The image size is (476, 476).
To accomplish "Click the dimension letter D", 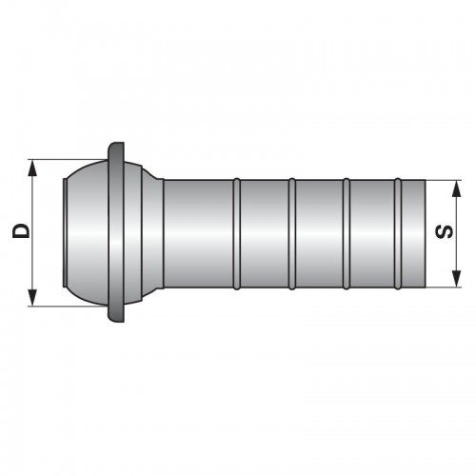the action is tap(21, 230).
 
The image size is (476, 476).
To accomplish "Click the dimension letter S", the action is tap(445, 231).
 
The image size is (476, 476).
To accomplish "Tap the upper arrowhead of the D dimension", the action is tap(32, 169).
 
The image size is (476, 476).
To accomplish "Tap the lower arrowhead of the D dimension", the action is tap(32, 297).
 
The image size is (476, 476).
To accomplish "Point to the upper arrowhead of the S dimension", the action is tap(456, 188).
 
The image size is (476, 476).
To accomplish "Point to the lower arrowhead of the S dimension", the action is tap(456, 279).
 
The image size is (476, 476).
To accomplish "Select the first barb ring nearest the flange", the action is tap(237, 234).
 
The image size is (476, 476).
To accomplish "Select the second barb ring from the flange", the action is tap(292, 234).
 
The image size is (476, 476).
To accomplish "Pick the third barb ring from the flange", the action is tap(347, 234).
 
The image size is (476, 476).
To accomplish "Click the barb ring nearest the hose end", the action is tap(398, 234).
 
